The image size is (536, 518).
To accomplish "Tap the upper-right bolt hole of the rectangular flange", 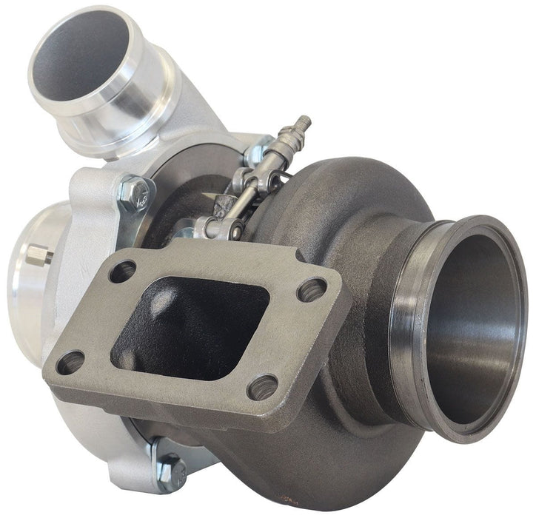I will (312, 289).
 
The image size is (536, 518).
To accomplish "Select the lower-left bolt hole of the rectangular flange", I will (71, 362).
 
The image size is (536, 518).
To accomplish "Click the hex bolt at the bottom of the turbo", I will (170, 468).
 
